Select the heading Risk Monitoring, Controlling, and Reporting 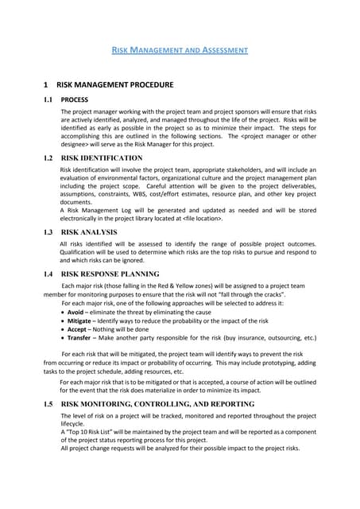coord(157,404)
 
